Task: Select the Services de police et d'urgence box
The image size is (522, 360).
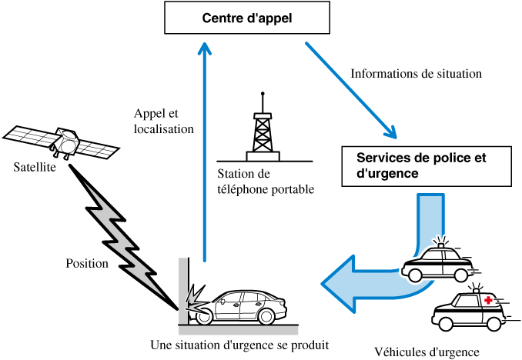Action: point(426,166)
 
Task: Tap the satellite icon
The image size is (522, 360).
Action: point(62,142)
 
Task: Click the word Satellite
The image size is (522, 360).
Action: point(35,167)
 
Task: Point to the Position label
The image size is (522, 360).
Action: point(87,263)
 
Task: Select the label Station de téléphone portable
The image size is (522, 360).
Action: point(266,181)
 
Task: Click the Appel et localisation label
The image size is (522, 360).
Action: point(163,122)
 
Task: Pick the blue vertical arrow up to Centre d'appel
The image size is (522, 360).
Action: point(204,154)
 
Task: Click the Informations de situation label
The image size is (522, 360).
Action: point(416,75)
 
